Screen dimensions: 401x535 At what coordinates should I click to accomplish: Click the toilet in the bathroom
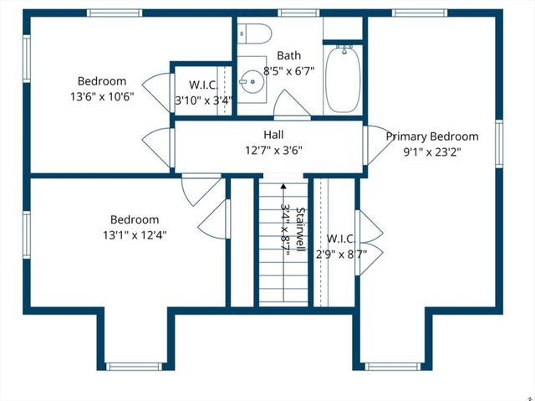point(255,34)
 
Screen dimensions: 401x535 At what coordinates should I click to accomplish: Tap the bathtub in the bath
point(342,80)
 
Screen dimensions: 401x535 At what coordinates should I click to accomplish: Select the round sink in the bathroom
point(248,82)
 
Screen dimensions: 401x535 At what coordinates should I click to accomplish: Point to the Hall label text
point(273,134)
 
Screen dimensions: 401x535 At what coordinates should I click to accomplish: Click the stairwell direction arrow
point(283,188)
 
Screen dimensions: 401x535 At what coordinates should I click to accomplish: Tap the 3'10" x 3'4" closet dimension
point(204,100)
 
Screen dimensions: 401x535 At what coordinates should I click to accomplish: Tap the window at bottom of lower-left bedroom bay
point(133,366)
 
